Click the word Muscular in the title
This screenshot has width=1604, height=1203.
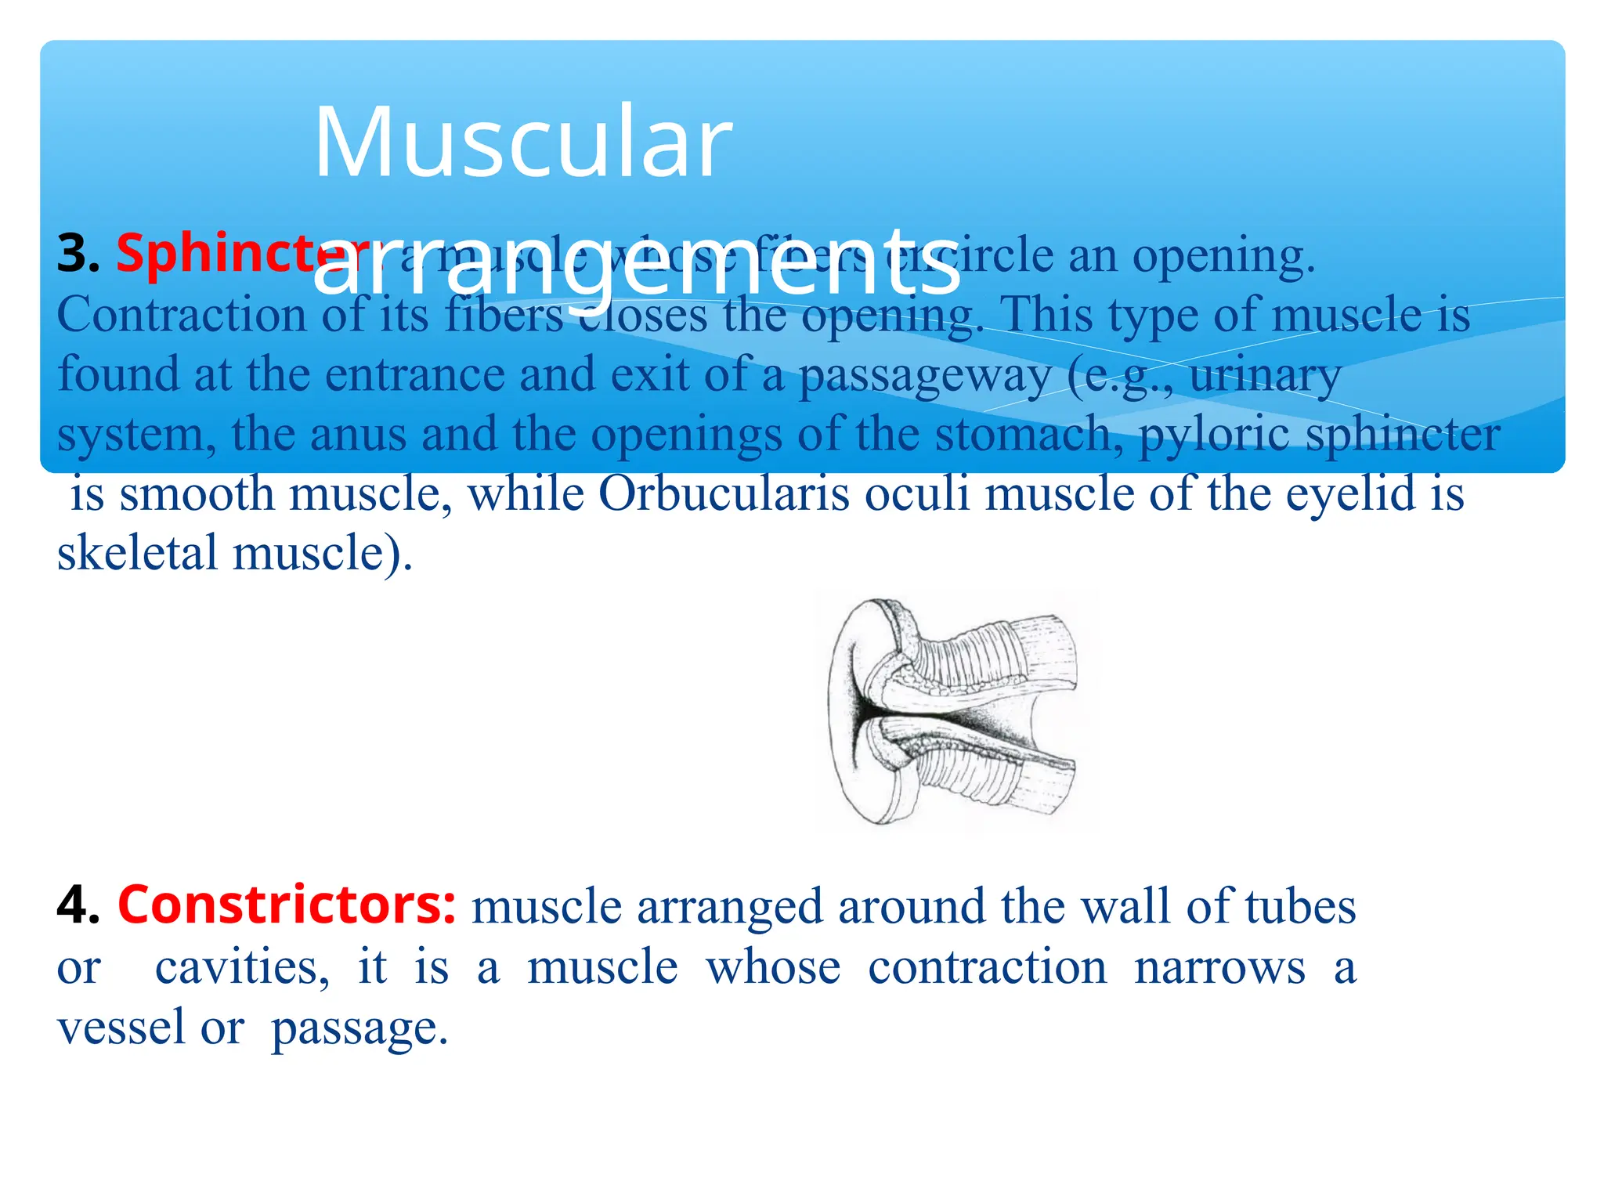click(x=523, y=143)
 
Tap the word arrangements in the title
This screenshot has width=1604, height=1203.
click(x=636, y=262)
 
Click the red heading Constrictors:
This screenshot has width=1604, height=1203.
click(x=287, y=905)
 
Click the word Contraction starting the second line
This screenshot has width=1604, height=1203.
click(x=181, y=315)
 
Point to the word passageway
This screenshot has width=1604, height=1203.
click(x=924, y=375)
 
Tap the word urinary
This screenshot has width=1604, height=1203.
click(x=1264, y=375)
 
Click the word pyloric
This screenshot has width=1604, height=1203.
click(x=1213, y=435)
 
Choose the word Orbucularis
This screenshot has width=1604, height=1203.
click(x=724, y=494)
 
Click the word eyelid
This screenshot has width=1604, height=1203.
click(x=1351, y=494)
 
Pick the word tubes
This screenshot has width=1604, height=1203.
click(x=1300, y=907)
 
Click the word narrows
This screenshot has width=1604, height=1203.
click(x=1219, y=967)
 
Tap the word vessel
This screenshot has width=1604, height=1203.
click(x=122, y=1027)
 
